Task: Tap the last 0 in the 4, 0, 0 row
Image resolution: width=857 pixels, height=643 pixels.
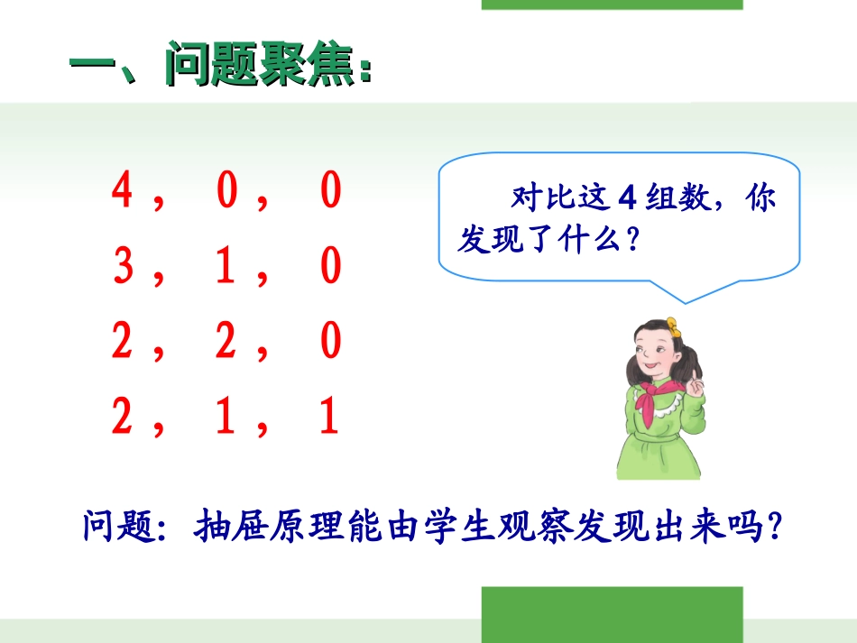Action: [331, 191]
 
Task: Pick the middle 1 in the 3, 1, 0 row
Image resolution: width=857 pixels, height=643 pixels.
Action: [226, 267]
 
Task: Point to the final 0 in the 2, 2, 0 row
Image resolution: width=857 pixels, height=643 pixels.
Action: [331, 343]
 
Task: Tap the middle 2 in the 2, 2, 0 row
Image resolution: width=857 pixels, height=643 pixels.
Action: [226, 343]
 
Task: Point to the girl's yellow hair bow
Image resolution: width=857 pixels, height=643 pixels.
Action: [671, 324]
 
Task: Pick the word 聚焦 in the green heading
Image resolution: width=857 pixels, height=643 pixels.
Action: [307, 65]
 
